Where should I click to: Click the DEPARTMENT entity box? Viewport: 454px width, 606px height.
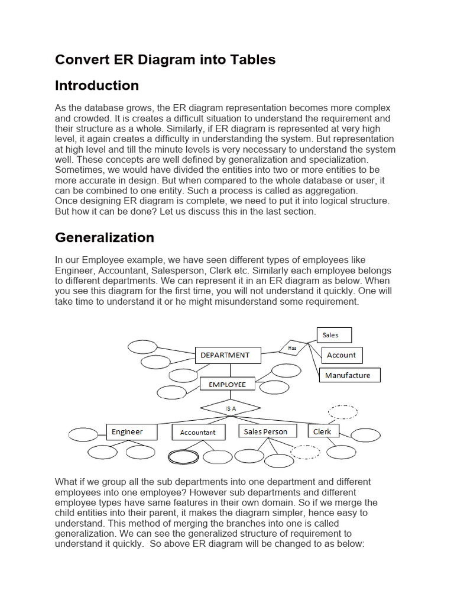228,355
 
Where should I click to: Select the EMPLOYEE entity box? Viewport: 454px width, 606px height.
227,384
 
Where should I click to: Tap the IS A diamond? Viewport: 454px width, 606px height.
230,408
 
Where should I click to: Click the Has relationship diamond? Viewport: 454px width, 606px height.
293,348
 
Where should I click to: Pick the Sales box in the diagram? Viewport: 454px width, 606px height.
334,335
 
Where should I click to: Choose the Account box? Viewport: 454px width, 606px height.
342,355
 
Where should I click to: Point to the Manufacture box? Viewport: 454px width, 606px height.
349,375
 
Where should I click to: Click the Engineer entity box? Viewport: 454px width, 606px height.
131,432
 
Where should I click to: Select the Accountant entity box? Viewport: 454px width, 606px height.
198,433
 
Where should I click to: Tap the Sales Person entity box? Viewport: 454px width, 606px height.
267,432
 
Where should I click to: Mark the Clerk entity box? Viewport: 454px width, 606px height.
323,432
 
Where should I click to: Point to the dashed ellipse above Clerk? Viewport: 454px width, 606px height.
342,412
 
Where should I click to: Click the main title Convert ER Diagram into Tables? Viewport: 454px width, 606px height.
165,59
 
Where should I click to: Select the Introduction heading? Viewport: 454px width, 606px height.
97,85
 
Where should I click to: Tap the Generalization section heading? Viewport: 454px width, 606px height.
105,237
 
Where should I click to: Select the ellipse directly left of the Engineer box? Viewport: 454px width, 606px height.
83,434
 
